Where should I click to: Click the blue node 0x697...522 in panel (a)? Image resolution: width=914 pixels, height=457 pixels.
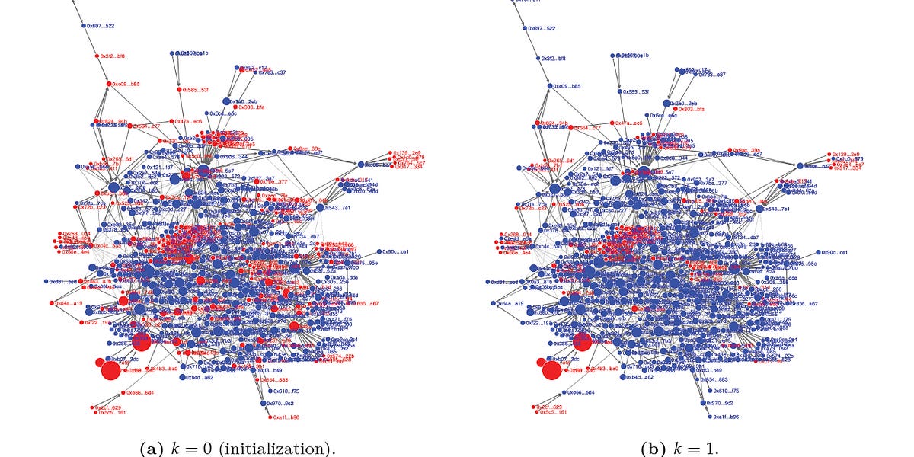coord(85,26)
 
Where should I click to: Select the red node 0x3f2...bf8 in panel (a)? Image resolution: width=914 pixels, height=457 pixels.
coord(97,56)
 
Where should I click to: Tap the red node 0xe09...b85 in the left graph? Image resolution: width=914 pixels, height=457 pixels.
coord(109,84)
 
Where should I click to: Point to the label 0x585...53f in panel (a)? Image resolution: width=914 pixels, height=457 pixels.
coord(193,89)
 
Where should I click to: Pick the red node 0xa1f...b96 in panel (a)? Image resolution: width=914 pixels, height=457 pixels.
coord(270,417)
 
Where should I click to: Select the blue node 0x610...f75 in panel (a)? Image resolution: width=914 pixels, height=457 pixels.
coord(266,391)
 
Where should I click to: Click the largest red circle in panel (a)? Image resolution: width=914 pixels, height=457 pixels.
coord(110,371)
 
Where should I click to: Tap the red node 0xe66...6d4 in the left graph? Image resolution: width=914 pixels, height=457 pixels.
coord(121,393)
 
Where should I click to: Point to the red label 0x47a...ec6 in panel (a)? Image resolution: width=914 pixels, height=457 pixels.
coord(188,121)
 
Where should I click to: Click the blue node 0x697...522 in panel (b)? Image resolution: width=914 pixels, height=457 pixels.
coord(525,27)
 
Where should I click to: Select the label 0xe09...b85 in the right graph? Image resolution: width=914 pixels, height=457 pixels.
coord(566,85)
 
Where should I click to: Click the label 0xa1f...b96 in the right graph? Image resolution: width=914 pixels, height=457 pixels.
coord(726,417)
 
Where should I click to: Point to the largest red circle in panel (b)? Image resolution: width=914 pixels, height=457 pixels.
coord(551,371)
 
